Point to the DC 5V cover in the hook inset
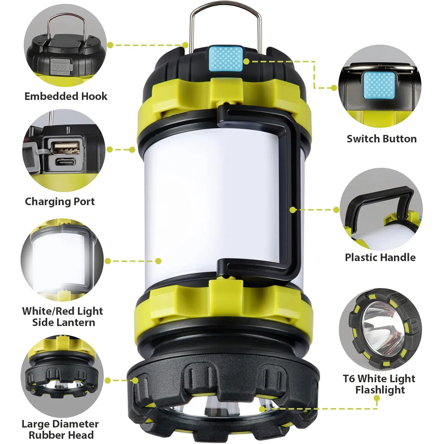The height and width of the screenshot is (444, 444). [60, 67]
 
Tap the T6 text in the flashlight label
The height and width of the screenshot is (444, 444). [349, 379]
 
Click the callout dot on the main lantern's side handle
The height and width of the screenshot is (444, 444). [293, 210]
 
